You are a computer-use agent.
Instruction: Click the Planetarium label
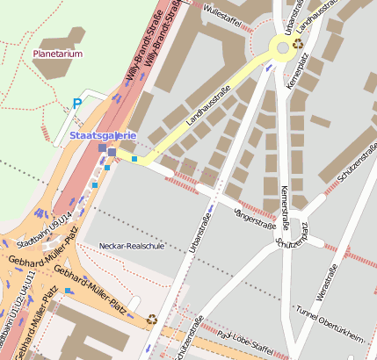[x=58, y=53]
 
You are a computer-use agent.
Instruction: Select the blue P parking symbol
[x=76, y=103]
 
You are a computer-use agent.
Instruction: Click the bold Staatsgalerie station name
[x=102, y=135]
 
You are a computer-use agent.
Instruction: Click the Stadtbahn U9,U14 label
[x=44, y=229]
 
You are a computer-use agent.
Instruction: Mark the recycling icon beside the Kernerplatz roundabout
[x=299, y=41]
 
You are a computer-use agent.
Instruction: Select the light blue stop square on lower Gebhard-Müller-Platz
[x=67, y=291]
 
